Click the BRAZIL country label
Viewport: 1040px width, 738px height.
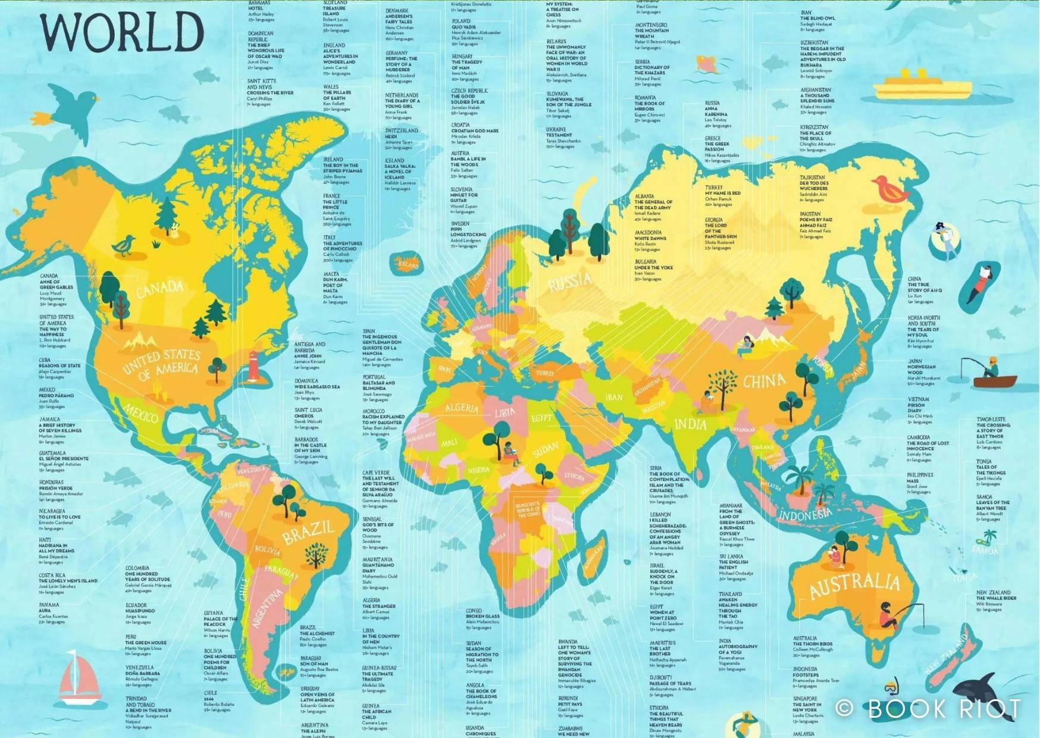pos(308,532)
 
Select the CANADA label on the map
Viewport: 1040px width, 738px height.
pos(160,289)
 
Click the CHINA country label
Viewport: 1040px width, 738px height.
pos(764,381)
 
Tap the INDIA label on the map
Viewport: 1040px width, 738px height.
pos(690,424)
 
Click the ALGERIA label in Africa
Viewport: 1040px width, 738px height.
pos(462,408)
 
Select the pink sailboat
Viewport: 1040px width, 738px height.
pos(80,678)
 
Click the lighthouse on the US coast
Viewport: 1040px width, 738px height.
pos(254,366)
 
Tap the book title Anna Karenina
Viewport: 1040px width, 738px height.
pos(716,111)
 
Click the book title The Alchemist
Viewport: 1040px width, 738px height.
pos(317,634)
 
